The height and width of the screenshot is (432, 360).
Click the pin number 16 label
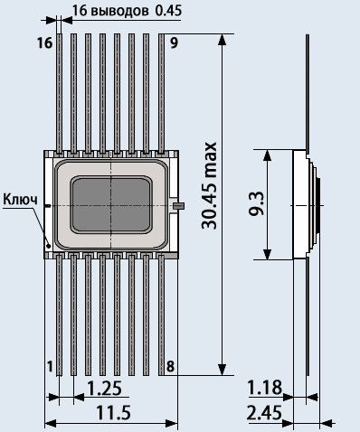(45, 42)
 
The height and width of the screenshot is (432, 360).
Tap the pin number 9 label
(175, 42)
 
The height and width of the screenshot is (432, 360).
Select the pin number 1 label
(50, 367)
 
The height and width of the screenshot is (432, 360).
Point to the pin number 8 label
(170, 367)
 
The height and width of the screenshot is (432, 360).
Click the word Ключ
(21, 200)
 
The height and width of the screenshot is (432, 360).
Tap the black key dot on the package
(48, 246)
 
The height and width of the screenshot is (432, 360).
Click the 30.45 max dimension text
(209, 185)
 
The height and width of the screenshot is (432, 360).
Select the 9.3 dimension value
(257, 204)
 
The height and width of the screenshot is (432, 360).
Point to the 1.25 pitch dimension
(105, 388)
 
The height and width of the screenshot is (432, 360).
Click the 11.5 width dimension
(113, 412)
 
